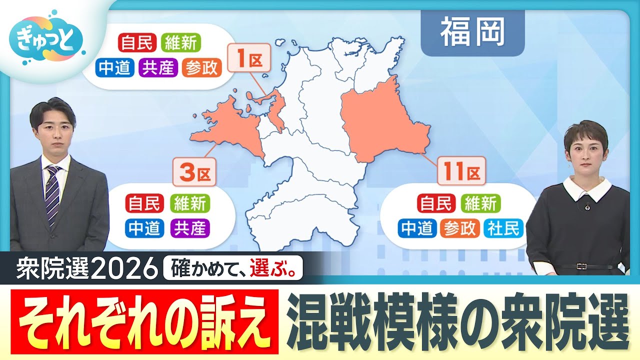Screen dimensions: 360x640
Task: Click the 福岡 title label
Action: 472,33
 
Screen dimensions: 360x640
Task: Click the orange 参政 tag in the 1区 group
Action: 201,67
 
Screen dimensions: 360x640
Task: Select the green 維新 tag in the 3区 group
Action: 189,203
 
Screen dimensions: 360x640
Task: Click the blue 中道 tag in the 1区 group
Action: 115,67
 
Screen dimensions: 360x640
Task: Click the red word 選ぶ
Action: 274,270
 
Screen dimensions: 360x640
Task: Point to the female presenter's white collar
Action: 587,187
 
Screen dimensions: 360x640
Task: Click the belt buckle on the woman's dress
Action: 581,266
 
